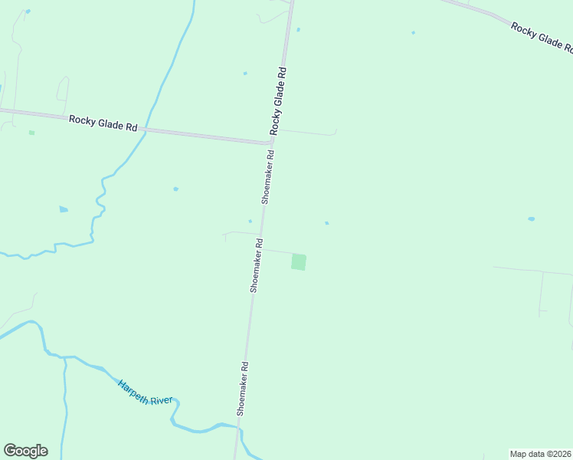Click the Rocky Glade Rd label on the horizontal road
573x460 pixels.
pos(103,123)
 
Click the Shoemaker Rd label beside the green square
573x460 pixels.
pos(256,265)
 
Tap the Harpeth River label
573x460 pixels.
pos(146,391)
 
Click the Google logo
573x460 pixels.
pos(25,451)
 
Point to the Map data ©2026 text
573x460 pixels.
pos(541,454)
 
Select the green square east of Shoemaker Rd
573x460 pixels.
pos(298,262)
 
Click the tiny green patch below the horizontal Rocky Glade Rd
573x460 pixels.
pos(31,133)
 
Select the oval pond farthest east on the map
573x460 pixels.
pos(531,219)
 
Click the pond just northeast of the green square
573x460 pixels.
pos(326,223)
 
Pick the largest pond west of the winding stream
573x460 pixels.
pos(63,209)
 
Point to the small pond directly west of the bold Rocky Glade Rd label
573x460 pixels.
pos(245,74)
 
